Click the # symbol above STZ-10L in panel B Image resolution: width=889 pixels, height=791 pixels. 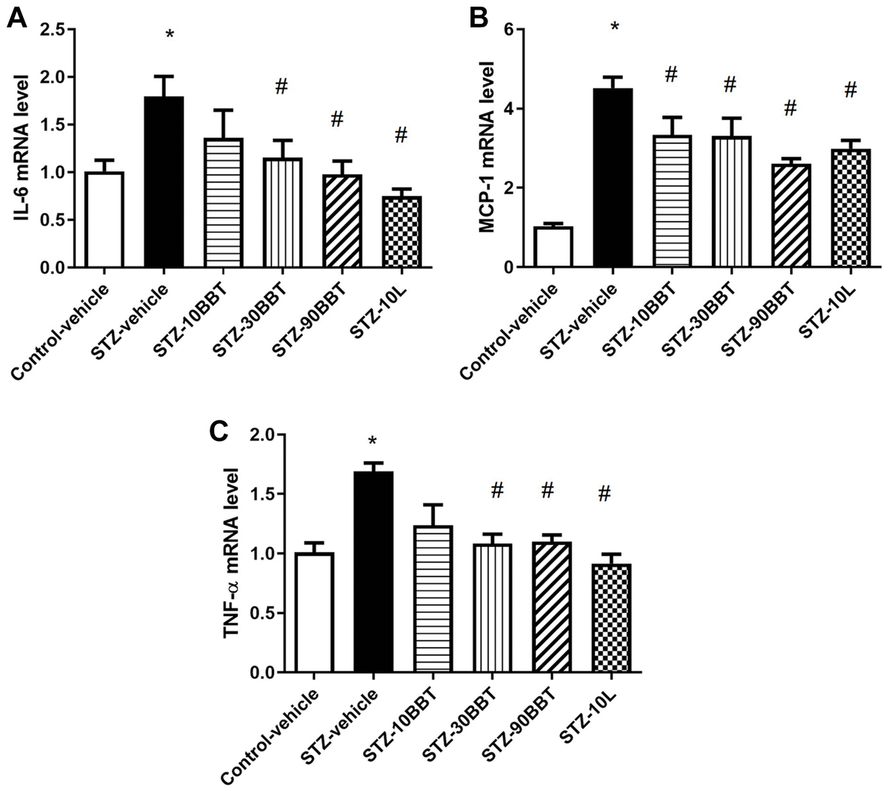pyautogui.click(x=850, y=90)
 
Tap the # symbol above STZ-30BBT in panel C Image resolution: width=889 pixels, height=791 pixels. pyautogui.click(x=497, y=490)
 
